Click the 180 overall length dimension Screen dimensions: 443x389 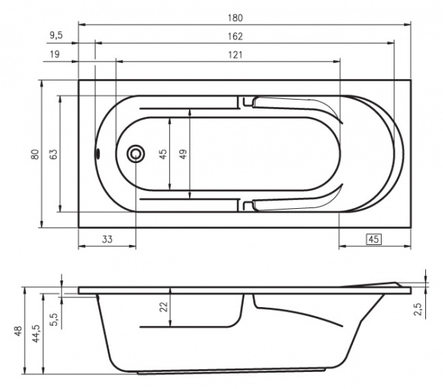point(235,18)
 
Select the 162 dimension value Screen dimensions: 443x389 point(235,36)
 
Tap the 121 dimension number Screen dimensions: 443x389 point(235,55)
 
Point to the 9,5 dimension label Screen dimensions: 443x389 point(56,35)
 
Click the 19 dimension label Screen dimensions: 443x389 point(55,54)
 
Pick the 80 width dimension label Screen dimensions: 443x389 point(35,154)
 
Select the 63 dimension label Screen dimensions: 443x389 point(53,154)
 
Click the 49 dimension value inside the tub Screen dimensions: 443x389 point(183,154)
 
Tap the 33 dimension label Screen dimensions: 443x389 point(107,240)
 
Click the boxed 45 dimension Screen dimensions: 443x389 point(374,239)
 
